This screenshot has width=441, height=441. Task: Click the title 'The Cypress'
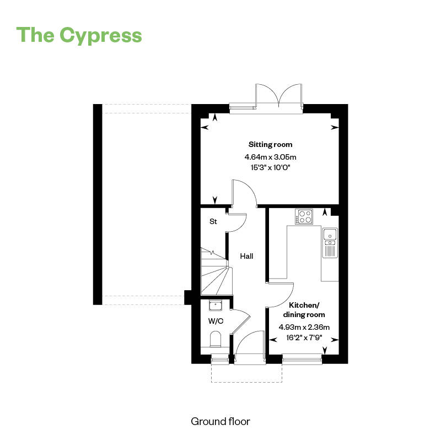coord(79,35)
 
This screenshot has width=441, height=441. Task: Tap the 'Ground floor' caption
coord(220,422)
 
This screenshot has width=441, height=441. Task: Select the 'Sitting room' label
coord(270,145)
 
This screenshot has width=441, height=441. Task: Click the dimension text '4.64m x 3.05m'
coord(270,157)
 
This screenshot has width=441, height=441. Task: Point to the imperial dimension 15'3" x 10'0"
coord(270,167)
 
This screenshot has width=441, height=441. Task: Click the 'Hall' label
coord(246,256)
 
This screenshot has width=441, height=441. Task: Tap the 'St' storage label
coord(213,222)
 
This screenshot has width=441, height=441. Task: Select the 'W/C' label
coord(215,320)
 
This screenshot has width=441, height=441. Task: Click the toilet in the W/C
coord(215,339)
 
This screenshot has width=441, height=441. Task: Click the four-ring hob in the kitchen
coord(304,217)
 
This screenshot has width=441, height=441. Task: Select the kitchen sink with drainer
coord(330,243)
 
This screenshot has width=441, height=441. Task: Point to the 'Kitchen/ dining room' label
coord(303,309)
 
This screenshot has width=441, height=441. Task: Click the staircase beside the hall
coord(215,273)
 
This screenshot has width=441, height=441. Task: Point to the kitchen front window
coord(302,361)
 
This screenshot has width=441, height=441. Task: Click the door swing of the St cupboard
coord(237,222)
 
